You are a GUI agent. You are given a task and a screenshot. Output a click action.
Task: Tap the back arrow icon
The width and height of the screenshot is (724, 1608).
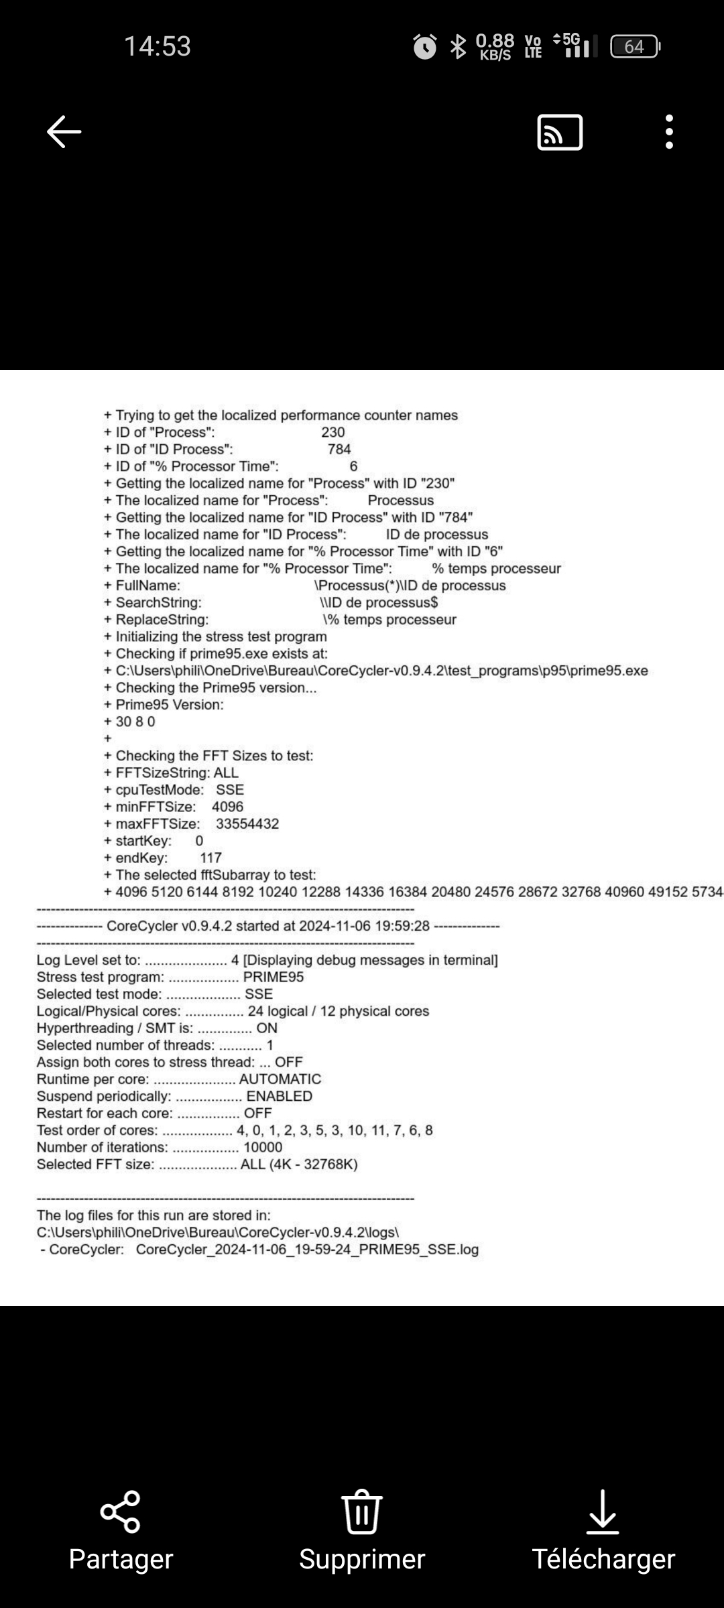pos(64,131)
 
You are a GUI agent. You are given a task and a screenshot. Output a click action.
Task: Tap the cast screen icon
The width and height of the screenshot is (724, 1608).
pos(560,132)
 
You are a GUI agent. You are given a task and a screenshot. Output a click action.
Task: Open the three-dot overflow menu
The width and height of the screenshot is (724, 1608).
pos(668,131)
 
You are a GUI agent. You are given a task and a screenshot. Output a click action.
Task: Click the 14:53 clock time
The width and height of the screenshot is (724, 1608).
pos(158,46)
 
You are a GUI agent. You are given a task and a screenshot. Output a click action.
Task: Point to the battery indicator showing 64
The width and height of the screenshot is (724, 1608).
pos(634,47)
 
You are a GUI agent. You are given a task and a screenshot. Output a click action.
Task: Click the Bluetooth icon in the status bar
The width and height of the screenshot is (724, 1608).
pos(458,47)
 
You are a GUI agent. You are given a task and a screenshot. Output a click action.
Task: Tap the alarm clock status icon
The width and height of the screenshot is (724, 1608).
pos(424,47)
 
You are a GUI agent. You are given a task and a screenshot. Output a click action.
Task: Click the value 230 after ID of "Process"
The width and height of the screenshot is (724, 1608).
pos(333,433)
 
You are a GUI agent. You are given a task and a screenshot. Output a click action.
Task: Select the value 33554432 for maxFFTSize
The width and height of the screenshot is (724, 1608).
pos(247,824)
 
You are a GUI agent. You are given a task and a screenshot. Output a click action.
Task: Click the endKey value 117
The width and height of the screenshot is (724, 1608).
pos(210,858)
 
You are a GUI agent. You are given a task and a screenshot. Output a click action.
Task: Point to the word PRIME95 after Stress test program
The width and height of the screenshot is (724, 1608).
pos(274,978)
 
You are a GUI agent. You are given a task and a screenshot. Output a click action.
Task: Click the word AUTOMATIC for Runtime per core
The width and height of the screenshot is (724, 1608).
pos(280,1079)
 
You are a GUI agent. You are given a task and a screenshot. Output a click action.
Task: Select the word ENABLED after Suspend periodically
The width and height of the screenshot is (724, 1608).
pos(280,1097)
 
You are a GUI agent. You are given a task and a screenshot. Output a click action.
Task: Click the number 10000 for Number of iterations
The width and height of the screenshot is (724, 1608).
pos(263,1148)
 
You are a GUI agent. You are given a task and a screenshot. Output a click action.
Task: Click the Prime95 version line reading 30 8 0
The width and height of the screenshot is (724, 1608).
pos(135,722)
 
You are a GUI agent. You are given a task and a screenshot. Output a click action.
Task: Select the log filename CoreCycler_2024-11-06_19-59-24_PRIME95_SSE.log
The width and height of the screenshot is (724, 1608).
pos(307,1250)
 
